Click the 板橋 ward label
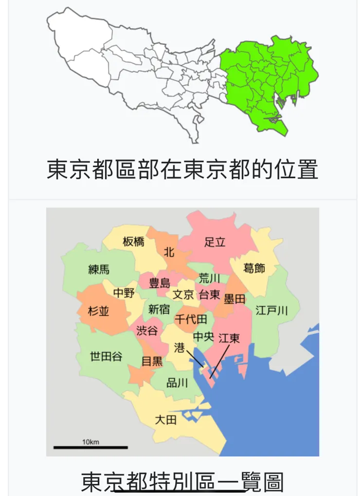coord(133,241)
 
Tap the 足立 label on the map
coord(215,241)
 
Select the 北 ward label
coord(169,252)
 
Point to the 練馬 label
coord(99,269)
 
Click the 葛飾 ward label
coord(254,268)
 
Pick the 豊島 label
coord(160,283)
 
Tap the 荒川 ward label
coord(210,278)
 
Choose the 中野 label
coord(124,293)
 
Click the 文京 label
coord(184,294)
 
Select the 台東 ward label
coord(210,294)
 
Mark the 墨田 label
coord(234,299)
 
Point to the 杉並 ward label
coord(99,311)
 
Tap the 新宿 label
coord(159,309)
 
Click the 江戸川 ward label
coord(272,311)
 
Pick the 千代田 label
coord(191,319)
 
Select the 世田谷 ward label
coord(106,357)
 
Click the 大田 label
coord(165,420)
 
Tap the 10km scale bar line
coord(90,447)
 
